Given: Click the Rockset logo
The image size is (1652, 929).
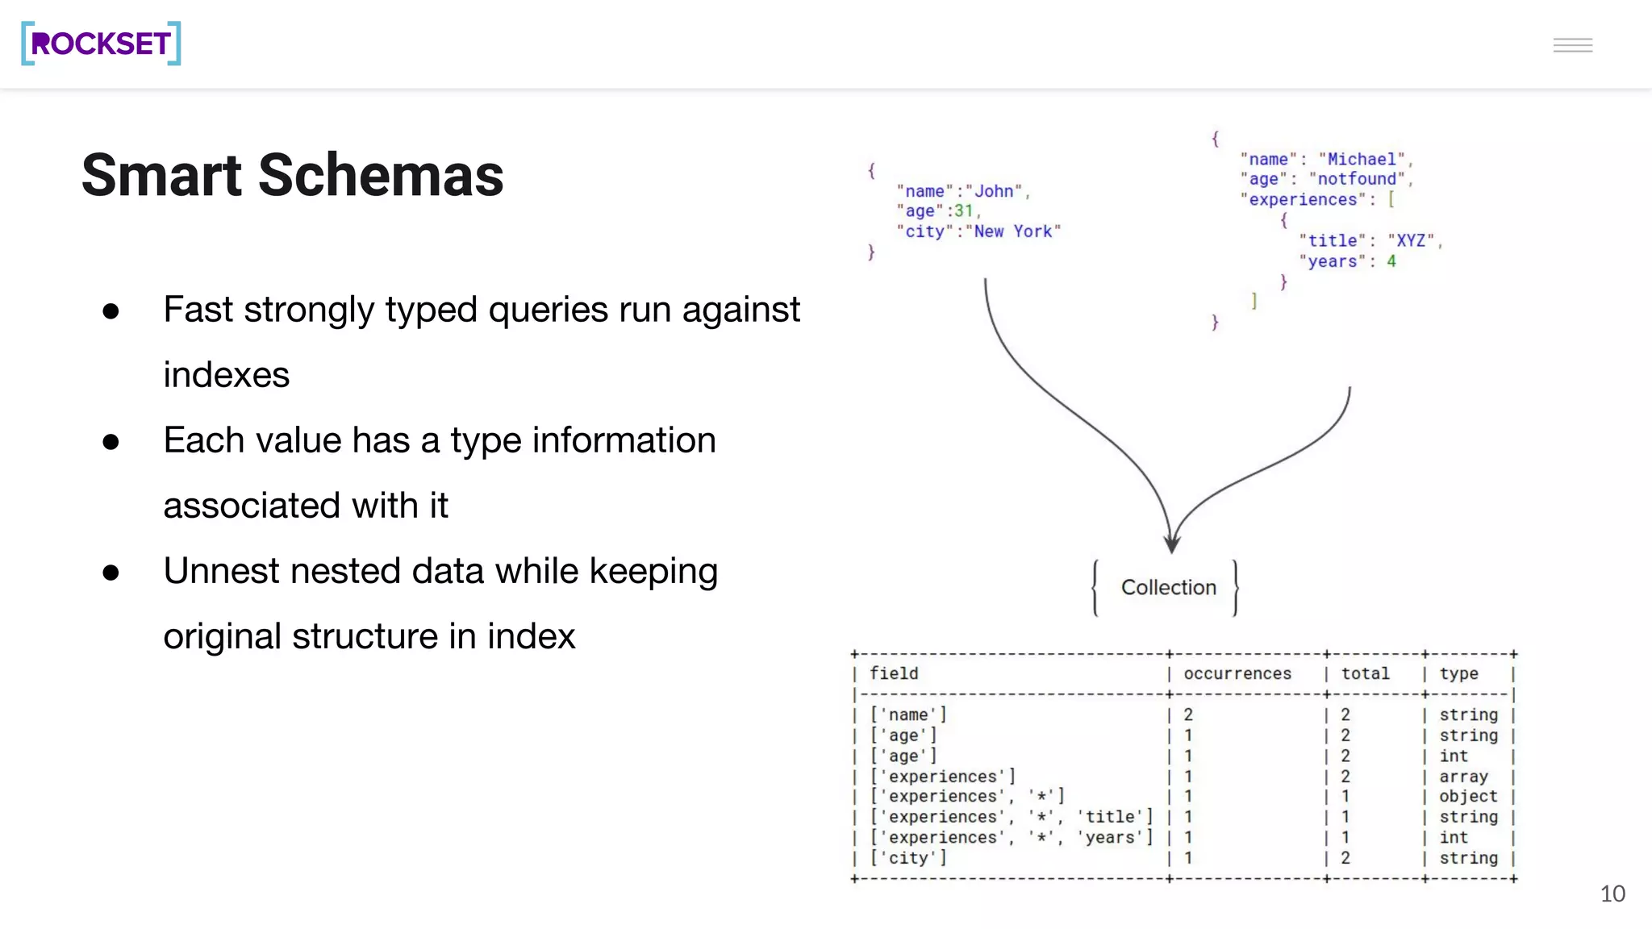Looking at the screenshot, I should tap(101, 44).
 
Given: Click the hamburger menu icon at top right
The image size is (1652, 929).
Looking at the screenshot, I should tap(1572, 45).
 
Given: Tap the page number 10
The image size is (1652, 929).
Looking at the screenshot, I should tap(1612, 894).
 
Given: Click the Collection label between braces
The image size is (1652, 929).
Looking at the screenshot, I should tap(1168, 587).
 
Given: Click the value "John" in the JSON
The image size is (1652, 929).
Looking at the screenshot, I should tap(994, 191).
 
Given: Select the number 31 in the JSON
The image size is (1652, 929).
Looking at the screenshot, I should tap(963, 211).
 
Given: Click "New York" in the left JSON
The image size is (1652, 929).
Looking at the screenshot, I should tap(1012, 231).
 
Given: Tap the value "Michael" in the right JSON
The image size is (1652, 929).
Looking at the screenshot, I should tap(1361, 160).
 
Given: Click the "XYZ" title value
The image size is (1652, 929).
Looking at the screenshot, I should tap(1411, 241).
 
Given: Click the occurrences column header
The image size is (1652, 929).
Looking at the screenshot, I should tap(1237, 673).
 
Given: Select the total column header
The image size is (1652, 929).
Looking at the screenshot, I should tap(1365, 673).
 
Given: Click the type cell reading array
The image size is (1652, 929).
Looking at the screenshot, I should tap(1462, 777).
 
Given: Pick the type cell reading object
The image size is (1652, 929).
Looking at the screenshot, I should tap(1467, 797).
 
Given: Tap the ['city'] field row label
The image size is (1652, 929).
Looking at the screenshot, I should tap(908, 858).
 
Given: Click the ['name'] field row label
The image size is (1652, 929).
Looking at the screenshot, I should tap(908, 714).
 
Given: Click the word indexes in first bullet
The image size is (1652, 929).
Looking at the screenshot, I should tap(226, 375).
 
